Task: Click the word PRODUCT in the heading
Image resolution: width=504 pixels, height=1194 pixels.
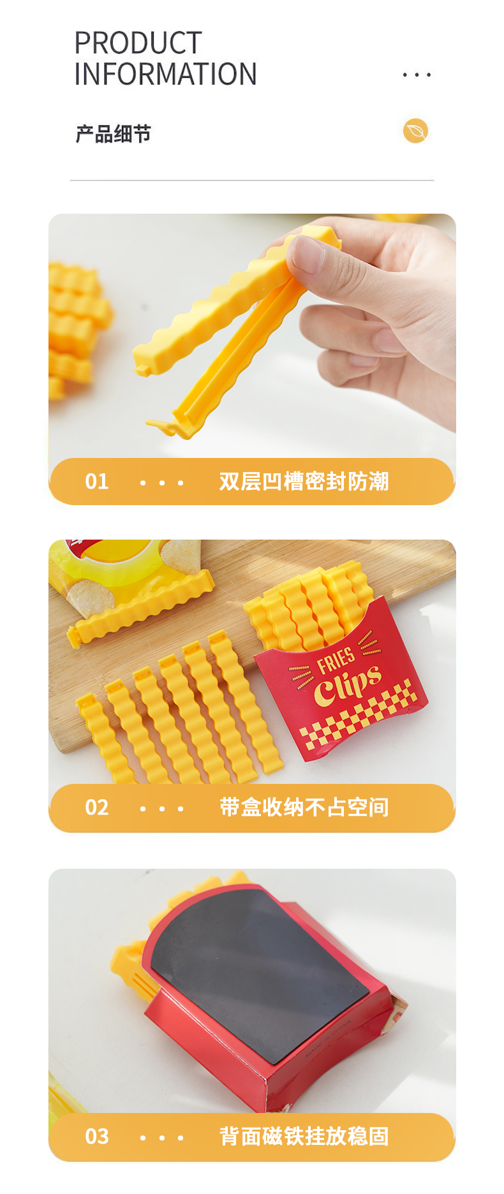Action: tap(138, 43)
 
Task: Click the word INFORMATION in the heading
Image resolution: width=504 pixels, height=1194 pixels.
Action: tap(165, 74)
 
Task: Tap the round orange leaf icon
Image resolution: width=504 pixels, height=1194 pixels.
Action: tap(415, 131)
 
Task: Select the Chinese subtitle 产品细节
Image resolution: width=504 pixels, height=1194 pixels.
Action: tap(114, 134)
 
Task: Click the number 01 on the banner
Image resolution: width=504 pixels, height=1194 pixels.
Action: tap(97, 482)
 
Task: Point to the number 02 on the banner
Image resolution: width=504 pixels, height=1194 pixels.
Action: tap(97, 807)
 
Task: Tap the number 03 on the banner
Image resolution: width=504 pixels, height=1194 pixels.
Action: tap(97, 1137)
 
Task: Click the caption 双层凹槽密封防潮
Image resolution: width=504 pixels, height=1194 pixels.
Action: tap(304, 482)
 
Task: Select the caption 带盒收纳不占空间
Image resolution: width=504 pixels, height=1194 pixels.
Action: tap(304, 807)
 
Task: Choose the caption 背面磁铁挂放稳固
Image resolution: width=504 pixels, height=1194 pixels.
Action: tap(304, 1137)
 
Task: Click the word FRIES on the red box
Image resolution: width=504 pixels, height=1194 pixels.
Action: tap(336, 661)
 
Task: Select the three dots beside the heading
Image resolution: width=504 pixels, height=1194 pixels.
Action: tap(417, 75)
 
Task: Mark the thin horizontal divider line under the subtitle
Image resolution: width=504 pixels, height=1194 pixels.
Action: tap(252, 181)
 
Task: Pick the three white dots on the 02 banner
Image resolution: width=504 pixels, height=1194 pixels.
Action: tap(161, 809)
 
